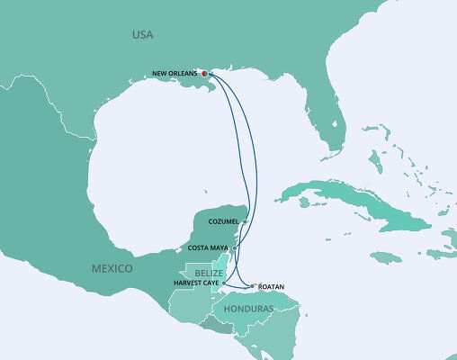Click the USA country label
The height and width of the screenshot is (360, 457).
tap(142, 35)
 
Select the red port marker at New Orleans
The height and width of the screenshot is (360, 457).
tap(204, 74)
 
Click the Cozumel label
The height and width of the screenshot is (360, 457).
tap(224, 220)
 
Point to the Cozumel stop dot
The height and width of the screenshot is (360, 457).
tap(245, 220)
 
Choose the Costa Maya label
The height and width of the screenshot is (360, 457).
tap(210, 247)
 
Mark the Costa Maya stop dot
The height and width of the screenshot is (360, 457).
tap(235, 247)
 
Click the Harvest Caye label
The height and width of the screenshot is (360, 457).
tap(198, 283)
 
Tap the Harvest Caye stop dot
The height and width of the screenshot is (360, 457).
tap(223, 283)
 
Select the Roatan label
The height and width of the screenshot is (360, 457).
tap(271, 286)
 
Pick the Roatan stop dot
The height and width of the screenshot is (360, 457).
tap(253, 286)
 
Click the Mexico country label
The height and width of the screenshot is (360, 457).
tap(112, 269)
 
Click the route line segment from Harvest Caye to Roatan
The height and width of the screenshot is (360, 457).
tap(238, 287)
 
